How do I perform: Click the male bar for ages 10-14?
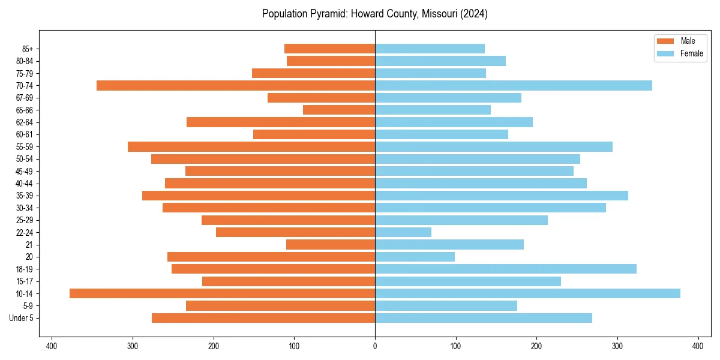click(x=222, y=293)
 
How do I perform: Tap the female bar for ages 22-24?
click(x=403, y=232)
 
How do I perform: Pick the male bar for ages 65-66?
click(x=339, y=110)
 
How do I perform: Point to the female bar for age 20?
click(x=415, y=257)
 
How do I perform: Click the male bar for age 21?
click(x=331, y=244)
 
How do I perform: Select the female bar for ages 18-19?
click(x=505, y=269)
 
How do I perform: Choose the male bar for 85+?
click(x=329, y=49)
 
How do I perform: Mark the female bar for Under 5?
click(x=483, y=318)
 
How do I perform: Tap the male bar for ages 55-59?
click(x=251, y=147)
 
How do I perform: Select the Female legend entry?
click(x=679, y=53)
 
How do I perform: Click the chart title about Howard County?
click(x=375, y=14)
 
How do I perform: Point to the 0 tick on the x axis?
click(x=375, y=346)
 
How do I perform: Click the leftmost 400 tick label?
click(x=52, y=346)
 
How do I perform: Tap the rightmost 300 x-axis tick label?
click(x=617, y=346)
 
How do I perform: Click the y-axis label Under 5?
click(x=22, y=318)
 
